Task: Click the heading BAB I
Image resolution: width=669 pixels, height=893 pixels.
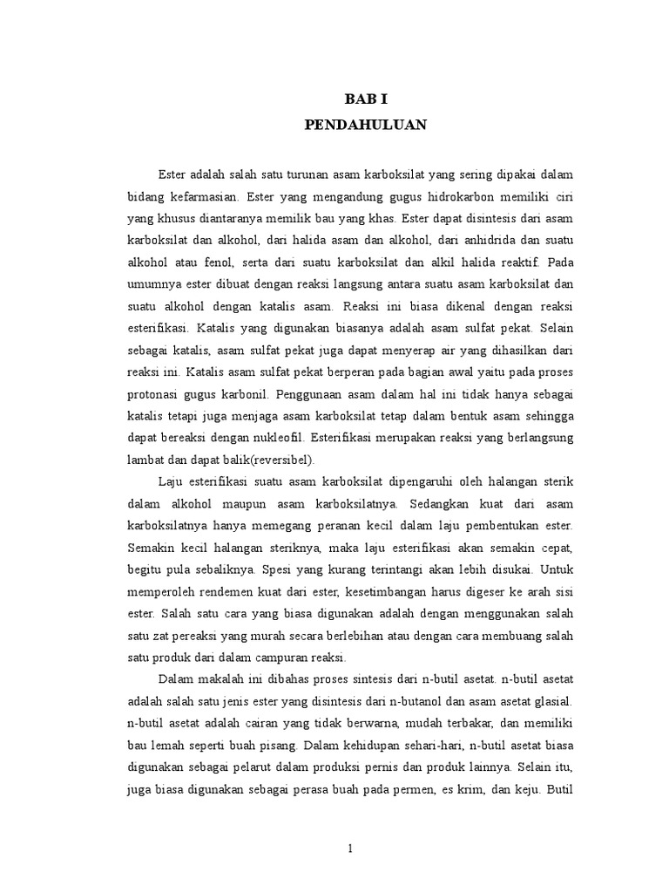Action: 366,101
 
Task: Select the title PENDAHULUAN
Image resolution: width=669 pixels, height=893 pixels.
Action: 366,126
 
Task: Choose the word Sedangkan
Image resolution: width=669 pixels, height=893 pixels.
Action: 439,503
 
